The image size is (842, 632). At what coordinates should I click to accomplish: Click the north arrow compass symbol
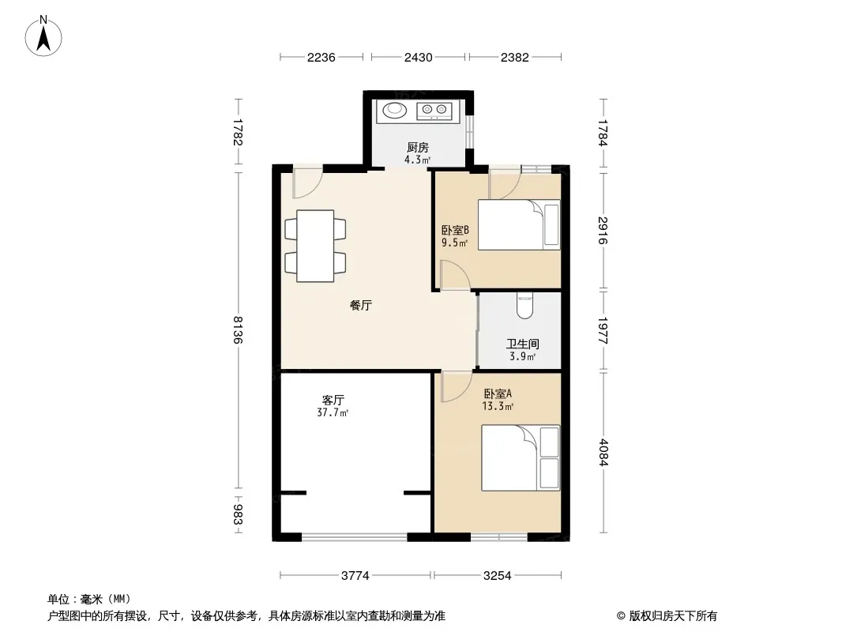[x=43, y=36]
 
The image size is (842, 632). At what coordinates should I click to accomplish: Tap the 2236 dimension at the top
[x=321, y=58]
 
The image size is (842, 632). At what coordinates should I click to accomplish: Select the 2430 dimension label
[x=419, y=58]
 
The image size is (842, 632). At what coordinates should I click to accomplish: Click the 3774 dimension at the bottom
[x=355, y=576]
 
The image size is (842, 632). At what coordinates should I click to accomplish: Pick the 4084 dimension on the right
[x=603, y=452]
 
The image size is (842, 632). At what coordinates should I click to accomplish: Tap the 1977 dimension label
[x=603, y=331]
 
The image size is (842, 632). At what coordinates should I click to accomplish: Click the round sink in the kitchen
[x=395, y=110]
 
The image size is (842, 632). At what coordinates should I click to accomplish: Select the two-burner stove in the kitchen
[x=434, y=111]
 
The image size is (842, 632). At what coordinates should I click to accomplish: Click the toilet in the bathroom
[x=524, y=306]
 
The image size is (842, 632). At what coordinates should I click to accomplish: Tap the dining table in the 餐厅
[x=315, y=246]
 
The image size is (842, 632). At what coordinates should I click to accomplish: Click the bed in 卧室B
[x=519, y=224]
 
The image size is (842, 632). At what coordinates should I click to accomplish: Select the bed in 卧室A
[x=521, y=457]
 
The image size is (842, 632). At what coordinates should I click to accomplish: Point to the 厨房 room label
[x=418, y=147]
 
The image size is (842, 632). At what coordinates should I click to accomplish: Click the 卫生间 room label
[x=522, y=344]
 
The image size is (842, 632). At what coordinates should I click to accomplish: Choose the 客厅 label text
[x=333, y=400]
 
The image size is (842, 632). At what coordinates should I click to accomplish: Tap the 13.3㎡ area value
[x=498, y=407]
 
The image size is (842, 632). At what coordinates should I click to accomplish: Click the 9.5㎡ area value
[x=454, y=243]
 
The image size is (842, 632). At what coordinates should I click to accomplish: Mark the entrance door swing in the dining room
[x=307, y=182]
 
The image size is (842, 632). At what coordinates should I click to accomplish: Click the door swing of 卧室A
[x=456, y=386]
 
